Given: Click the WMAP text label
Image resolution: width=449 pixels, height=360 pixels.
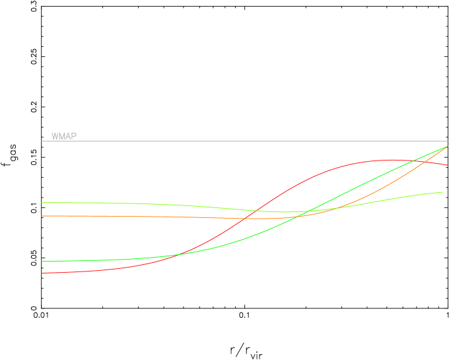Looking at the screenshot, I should pyautogui.click(x=64, y=137).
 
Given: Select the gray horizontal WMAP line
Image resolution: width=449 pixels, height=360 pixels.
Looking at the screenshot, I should pyautogui.click(x=244, y=141).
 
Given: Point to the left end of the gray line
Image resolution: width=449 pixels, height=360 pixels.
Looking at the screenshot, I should pyautogui.click(x=42, y=141).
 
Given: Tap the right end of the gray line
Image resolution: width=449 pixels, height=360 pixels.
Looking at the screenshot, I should pyautogui.click(x=448, y=141).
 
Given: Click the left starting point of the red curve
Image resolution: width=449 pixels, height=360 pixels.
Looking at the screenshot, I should pyautogui.click(x=42, y=273).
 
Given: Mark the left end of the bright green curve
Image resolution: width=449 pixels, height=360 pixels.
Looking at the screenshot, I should pyautogui.click(x=42, y=261).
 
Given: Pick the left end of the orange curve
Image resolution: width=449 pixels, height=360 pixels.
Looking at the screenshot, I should pyautogui.click(x=42, y=216).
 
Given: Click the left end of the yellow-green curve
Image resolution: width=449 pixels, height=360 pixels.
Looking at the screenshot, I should pyautogui.click(x=42, y=203).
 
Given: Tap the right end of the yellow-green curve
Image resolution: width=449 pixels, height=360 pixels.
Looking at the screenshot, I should pyautogui.click(x=443, y=192).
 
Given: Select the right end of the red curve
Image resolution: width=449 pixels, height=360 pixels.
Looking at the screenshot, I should pyautogui.click(x=448, y=165).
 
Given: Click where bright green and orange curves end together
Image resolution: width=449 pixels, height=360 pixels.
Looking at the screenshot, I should pyautogui.click(x=448, y=146).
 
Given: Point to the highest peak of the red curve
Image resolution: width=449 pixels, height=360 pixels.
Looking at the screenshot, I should pyautogui.click(x=391, y=160).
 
